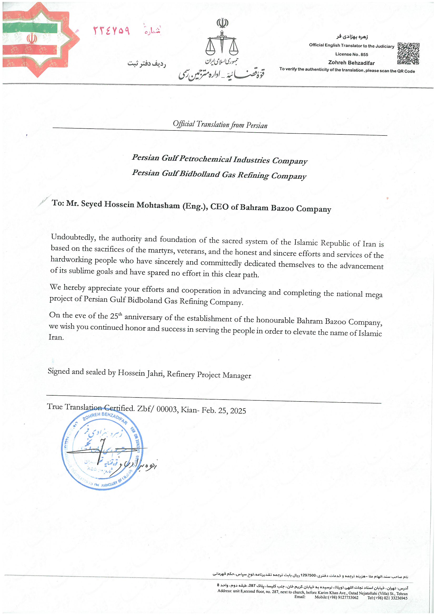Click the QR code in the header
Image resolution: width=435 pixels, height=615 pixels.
408,54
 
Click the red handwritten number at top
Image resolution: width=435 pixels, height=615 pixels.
112,31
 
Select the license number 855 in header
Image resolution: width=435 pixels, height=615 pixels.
364,54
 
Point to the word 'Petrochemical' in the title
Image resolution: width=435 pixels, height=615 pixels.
205,159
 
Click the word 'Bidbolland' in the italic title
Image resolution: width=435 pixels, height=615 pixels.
200,174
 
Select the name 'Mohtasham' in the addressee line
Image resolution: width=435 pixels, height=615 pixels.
158,205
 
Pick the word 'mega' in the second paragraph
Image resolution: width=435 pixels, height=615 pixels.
374,295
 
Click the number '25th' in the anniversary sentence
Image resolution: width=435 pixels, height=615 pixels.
116,316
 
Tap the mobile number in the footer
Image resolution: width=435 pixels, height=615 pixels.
336,598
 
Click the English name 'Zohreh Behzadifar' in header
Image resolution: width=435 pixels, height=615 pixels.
351,63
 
